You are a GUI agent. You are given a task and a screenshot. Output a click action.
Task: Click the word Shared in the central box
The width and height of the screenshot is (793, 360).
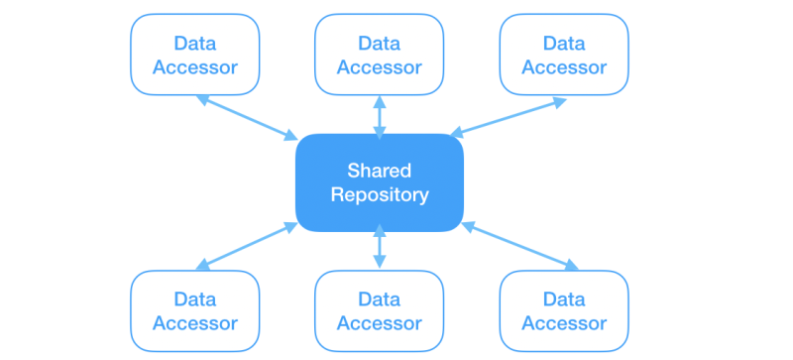point(380,171)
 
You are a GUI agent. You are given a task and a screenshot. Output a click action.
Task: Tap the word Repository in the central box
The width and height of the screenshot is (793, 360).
point(380,195)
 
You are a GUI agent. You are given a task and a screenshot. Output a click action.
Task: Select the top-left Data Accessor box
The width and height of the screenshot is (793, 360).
point(195,55)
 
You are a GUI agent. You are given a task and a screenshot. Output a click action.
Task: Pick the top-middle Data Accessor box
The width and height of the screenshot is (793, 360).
point(380,55)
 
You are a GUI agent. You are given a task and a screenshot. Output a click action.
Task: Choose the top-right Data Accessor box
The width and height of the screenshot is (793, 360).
point(564,55)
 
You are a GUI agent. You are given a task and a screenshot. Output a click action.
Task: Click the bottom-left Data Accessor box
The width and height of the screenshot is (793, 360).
point(195,310)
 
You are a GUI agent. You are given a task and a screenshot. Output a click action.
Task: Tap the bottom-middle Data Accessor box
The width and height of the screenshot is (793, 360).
point(380,310)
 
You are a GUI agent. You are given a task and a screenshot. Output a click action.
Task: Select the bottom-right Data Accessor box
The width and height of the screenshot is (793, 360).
point(564,310)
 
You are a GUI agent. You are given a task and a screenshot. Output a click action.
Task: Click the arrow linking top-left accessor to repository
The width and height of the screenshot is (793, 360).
point(247,117)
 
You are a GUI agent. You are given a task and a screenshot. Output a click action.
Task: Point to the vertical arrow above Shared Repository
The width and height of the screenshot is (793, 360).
point(380,117)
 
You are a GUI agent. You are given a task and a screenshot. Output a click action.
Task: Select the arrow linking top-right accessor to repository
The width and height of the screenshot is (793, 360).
point(508,117)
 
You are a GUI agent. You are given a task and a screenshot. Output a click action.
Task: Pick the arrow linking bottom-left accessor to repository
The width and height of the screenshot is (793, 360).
point(247,246)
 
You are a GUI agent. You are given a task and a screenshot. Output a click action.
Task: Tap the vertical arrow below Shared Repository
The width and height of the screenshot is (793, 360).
point(380,247)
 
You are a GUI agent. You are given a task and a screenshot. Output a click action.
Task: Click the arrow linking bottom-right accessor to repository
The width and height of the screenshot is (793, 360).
point(519,246)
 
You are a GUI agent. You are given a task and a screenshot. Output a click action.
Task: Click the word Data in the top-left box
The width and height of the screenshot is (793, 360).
point(195,43)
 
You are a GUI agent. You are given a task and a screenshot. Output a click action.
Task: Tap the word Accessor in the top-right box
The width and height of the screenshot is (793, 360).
point(564,67)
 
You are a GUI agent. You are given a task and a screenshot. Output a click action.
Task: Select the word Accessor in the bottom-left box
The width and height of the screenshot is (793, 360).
point(195,323)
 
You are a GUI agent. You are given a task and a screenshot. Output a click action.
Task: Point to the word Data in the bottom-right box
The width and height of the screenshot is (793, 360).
point(564,300)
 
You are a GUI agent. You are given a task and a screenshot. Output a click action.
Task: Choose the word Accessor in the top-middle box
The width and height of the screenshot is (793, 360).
point(380,67)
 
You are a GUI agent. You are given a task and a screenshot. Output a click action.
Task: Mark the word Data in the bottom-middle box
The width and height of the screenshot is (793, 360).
point(380,300)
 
